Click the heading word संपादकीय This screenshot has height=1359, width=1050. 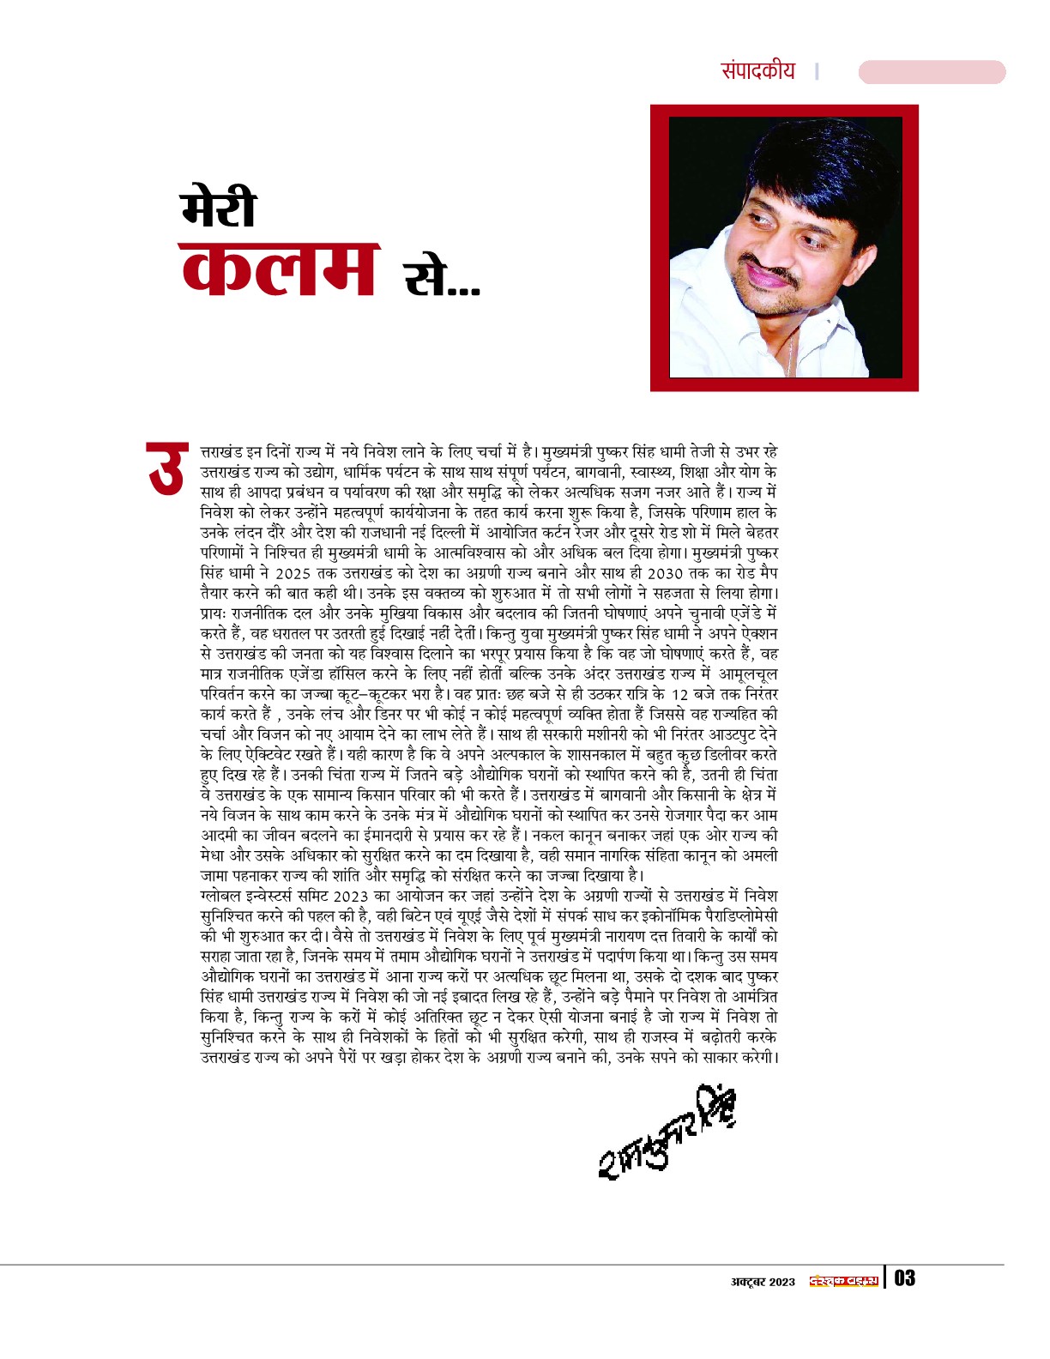[x=758, y=70]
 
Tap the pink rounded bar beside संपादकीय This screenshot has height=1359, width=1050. [x=932, y=72]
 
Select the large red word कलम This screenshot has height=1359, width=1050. [x=280, y=269]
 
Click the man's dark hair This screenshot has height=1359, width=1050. [x=815, y=163]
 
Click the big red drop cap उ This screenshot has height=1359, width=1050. [x=166, y=468]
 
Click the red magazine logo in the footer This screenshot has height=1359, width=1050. [x=844, y=1281]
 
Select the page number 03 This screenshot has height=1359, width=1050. [x=905, y=1279]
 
